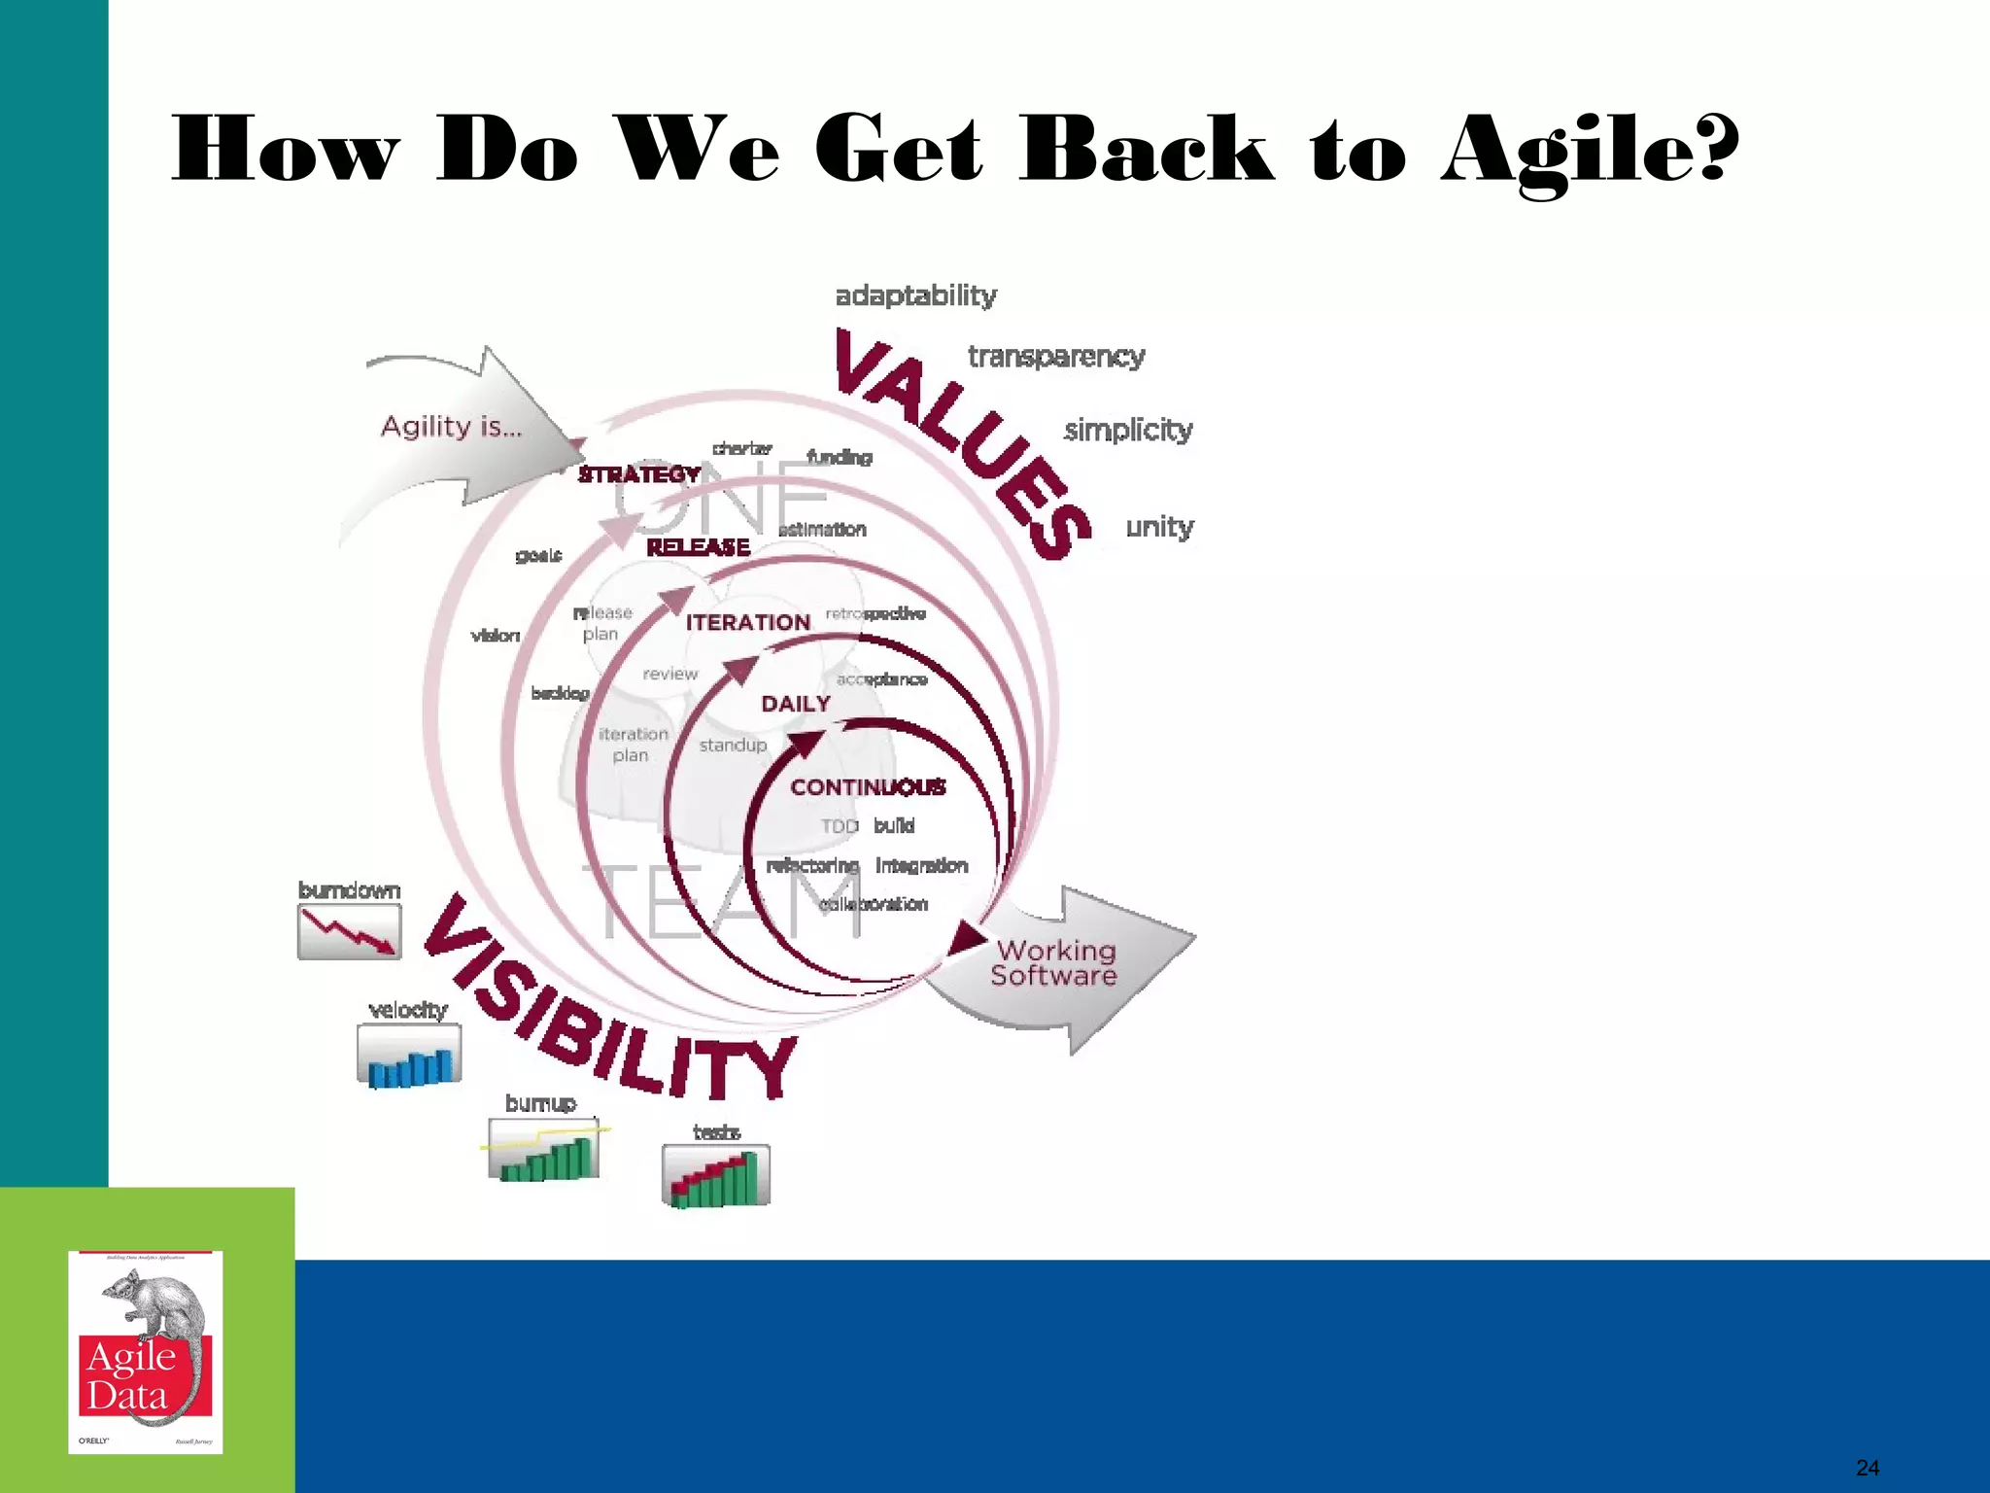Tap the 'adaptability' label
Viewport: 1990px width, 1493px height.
pos(915,295)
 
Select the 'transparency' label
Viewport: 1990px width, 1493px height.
pos(1056,357)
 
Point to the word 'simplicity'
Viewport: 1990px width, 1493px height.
pos(1127,430)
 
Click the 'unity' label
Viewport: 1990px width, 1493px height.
pos(1159,527)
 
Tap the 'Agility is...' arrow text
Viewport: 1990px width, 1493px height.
pos(451,427)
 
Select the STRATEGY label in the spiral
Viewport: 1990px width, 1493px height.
pos(638,474)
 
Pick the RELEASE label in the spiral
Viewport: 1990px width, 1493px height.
pos(698,547)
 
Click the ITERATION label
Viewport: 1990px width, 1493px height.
pos(747,623)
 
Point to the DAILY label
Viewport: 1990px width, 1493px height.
pos(795,704)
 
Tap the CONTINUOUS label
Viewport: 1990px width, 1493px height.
pos(867,787)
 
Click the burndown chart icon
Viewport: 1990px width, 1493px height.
pos(349,931)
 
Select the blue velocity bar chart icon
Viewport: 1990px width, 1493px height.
pos(409,1056)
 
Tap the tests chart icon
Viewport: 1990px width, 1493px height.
pos(716,1176)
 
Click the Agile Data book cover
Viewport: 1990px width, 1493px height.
pos(146,1352)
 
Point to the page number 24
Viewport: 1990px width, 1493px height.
pos(1867,1468)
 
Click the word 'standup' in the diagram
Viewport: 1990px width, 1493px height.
pos(733,746)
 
